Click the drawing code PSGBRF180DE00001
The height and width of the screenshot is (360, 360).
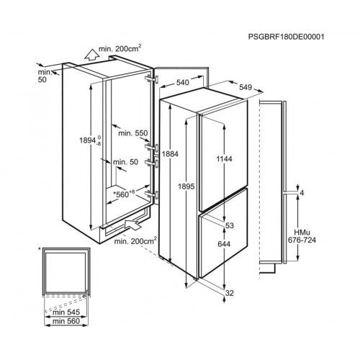tap(286, 37)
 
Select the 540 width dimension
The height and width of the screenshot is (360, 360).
tap(183, 83)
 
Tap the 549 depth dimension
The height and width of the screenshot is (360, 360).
tap(246, 87)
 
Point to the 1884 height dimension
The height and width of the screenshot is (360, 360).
tap(170, 154)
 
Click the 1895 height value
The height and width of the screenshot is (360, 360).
tap(186, 186)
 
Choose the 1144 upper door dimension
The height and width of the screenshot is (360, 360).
tap(224, 158)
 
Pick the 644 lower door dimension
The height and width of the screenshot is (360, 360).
tap(224, 244)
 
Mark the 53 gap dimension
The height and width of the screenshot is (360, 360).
tap(230, 225)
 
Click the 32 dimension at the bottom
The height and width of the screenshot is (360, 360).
tap(230, 293)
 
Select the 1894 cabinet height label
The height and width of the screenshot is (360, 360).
tap(91, 140)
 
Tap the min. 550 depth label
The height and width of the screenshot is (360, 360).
tap(133, 133)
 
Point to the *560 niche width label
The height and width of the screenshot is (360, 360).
tap(124, 194)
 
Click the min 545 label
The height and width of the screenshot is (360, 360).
tap(66, 312)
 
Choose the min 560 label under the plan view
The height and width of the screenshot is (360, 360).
tap(66, 321)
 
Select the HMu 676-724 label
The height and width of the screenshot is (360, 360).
tap(302, 236)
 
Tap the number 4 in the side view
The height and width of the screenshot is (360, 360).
tap(302, 193)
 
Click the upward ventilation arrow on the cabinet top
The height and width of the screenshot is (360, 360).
tap(92, 55)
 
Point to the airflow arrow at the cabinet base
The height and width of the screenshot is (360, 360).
tap(132, 225)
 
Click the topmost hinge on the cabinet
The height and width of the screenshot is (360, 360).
tap(152, 78)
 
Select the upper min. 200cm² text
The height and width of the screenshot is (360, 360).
tap(120, 48)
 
